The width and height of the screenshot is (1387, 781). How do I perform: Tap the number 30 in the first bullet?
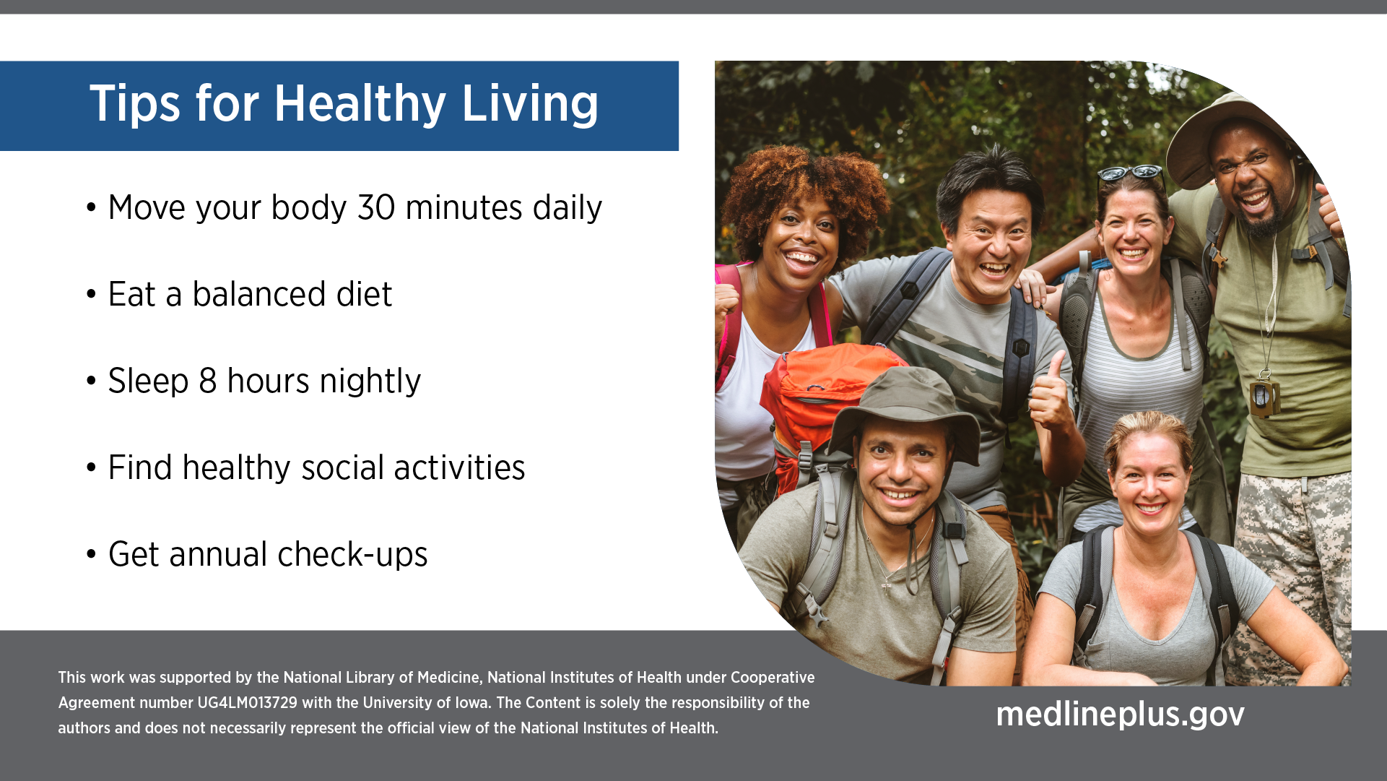pos(376,208)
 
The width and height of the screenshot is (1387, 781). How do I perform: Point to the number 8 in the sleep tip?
pos(208,381)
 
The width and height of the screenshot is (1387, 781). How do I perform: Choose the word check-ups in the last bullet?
pos(352,555)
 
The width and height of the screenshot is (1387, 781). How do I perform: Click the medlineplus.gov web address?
pos(1120,715)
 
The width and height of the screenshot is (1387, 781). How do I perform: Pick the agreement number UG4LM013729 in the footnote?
pos(247,703)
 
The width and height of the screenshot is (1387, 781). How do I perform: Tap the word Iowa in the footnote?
pos(471,703)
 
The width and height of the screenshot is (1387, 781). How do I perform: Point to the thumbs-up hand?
pos(1050,394)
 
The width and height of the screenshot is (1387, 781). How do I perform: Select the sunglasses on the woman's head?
pos(1130,173)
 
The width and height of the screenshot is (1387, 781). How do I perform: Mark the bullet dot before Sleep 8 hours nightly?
pos(91,381)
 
